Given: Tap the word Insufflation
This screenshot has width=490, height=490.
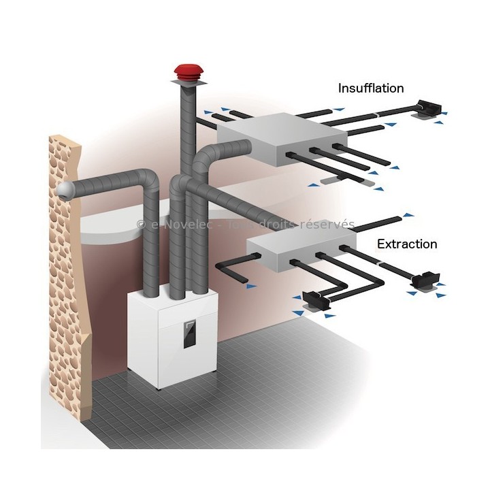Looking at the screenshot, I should click(x=371, y=88).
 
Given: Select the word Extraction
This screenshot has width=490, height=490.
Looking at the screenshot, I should click(x=407, y=243).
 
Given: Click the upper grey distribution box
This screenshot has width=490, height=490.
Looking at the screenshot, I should click(x=282, y=139).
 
